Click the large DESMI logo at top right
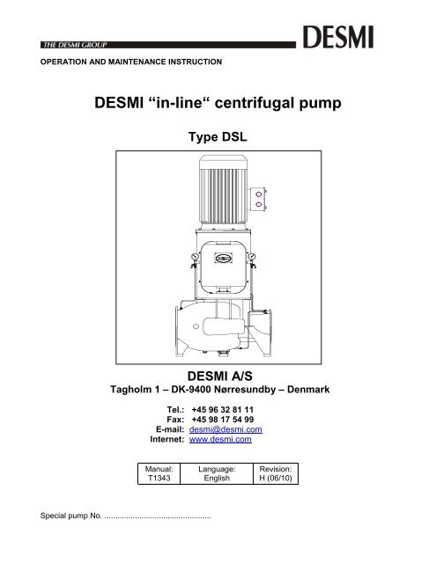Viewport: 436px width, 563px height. [x=338, y=37]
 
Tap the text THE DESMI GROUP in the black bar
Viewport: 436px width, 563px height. [x=75, y=45]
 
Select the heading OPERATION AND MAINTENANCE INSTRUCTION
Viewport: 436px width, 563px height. [x=131, y=62]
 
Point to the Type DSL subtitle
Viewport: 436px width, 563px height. [x=218, y=137]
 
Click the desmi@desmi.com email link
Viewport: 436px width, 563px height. [x=225, y=429]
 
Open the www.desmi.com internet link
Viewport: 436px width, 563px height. [x=220, y=439]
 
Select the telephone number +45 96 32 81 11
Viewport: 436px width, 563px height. [x=223, y=410]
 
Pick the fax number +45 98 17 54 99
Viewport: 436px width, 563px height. [x=223, y=420]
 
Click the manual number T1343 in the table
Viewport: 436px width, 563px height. [x=159, y=479]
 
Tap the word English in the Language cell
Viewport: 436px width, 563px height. [x=217, y=479]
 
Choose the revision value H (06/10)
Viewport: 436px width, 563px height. [x=276, y=479]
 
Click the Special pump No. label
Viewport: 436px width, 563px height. [x=71, y=516]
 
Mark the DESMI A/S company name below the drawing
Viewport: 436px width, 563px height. [x=219, y=376]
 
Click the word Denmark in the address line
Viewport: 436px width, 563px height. [x=308, y=390]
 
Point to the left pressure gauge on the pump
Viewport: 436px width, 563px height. [x=195, y=257]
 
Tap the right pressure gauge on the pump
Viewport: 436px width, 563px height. [x=251, y=256]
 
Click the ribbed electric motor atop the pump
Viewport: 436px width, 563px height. [x=223, y=190]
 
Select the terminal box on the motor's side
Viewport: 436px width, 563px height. [x=259, y=200]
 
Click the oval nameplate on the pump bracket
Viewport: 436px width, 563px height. [x=224, y=258]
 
